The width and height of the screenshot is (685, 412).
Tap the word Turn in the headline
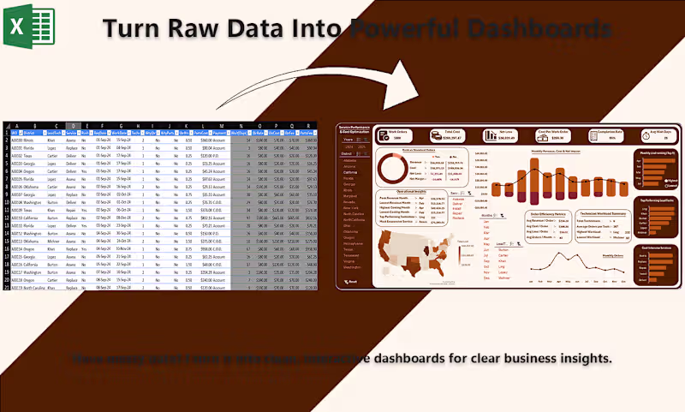tap(138, 28)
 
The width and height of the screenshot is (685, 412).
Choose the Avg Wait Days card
tap(657, 134)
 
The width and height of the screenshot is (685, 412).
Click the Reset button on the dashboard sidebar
tap(350, 282)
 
